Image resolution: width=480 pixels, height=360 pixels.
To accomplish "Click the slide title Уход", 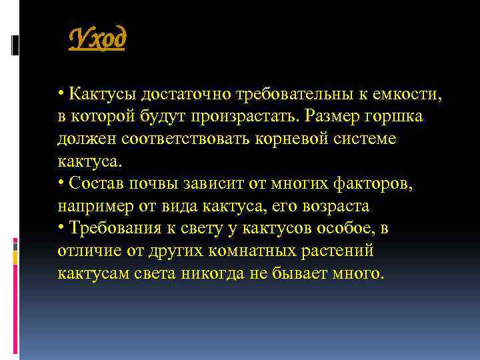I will point(97,39).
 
